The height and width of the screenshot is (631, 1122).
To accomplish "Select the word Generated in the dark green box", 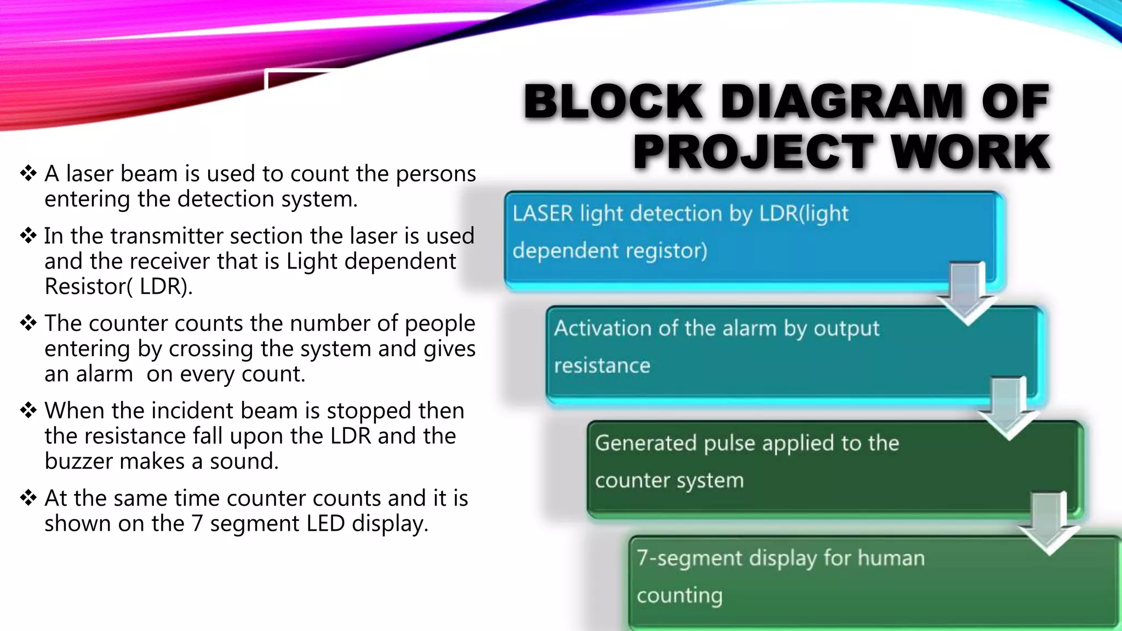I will pos(645,443).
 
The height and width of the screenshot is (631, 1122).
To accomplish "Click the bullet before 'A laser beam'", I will pos(28,174).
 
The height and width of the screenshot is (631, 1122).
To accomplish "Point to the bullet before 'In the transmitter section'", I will pos(28,236).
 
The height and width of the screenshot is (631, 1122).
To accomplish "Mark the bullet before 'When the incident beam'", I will pos(28,410).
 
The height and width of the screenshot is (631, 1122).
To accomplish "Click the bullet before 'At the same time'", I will pos(28,498).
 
